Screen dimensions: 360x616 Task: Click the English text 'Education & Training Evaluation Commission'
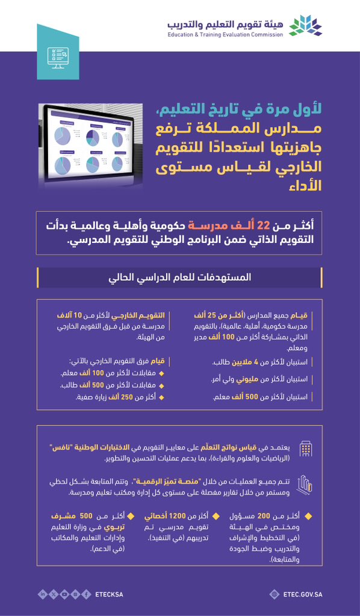tap(225, 35)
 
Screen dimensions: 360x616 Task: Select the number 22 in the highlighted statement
tap(264, 226)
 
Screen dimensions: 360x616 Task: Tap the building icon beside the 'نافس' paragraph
tap(306, 448)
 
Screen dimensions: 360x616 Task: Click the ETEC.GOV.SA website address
tap(302, 594)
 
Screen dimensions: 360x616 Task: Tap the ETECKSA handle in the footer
tap(109, 594)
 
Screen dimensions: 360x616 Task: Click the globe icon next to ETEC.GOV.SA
tap(275, 594)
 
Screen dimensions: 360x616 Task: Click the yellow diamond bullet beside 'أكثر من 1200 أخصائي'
tap(214, 516)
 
